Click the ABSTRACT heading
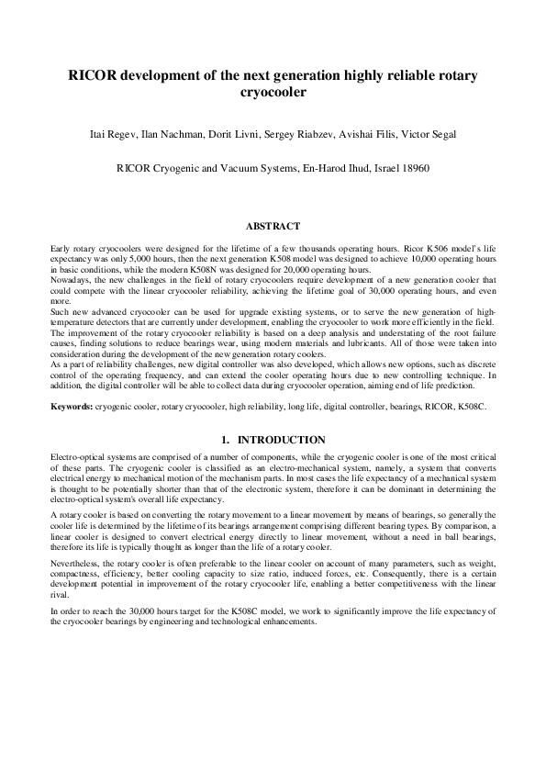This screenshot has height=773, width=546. point(273,225)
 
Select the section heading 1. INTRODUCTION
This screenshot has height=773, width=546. point(273,440)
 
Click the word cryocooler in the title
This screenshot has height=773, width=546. point(273,93)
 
